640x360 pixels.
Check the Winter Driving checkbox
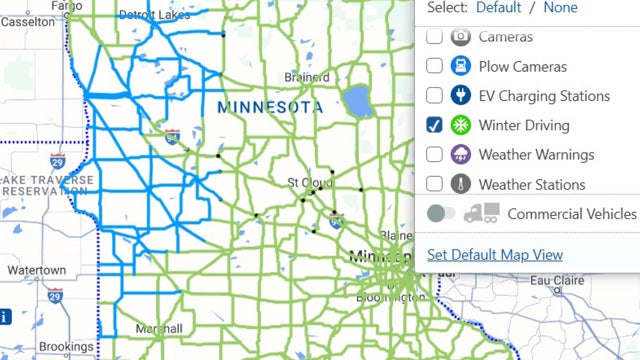point(434,125)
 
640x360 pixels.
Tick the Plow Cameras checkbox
point(434,66)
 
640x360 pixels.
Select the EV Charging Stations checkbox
point(434,96)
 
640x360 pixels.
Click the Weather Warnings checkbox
point(434,155)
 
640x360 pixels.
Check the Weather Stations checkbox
point(434,184)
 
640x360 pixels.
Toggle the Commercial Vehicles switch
point(441,214)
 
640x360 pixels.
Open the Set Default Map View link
point(495,255)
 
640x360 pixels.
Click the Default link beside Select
point(498,7)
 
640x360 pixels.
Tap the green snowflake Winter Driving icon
point(461,125)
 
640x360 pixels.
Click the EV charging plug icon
point(461,96)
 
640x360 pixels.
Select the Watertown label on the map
point(36,270)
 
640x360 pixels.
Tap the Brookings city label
point(66,348)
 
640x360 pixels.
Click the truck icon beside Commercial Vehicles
point(482,213)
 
